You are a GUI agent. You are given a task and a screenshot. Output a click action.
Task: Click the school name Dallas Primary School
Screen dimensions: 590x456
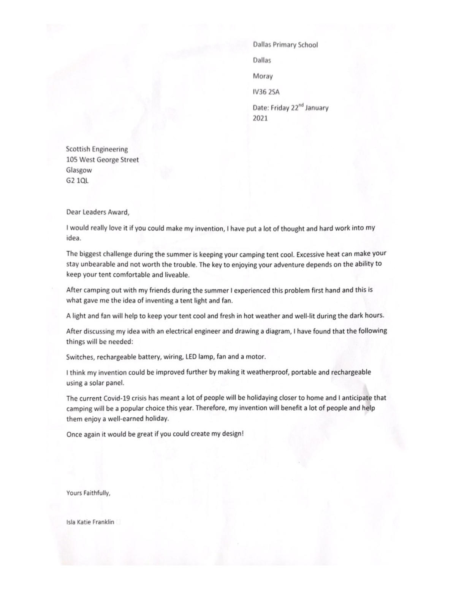pyautogui.click(x=285, y=45)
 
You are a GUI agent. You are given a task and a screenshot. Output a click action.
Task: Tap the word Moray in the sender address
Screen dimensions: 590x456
pyautogui.click(x=263, y=76)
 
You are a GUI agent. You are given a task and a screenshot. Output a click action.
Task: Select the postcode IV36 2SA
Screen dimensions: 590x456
pyautogui.click(x=266, y=92)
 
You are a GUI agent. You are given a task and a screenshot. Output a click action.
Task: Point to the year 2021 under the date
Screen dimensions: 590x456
pyautogui.click(x=260, y=118)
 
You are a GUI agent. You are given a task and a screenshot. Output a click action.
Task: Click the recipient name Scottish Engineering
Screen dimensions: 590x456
pyautogui.click(x=97, y=149)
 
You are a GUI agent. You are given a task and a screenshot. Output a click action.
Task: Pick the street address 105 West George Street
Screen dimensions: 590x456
pyautogui.click(x=102, y=160)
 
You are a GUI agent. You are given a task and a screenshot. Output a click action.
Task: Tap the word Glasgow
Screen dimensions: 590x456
pyautogui.click(x=79, y=170)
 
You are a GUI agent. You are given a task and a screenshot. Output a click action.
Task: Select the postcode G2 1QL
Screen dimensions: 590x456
pyautogui.click(x=77, y=180)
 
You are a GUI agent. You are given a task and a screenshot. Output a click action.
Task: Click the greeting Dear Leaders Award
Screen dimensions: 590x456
pyautogui.click(x=98, y=212)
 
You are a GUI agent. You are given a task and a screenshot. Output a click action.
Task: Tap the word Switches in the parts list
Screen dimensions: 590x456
pyautogui.click(x=78, y=357)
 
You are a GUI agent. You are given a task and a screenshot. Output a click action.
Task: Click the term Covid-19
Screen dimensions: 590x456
pyautogui.click(x=117, y=398)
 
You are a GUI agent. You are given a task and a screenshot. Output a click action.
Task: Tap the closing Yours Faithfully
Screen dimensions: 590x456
pyautogui.click(x=88, y=493)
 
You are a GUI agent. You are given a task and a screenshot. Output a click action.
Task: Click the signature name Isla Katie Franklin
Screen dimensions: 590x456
pyautogui.click(x=90, y=522)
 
